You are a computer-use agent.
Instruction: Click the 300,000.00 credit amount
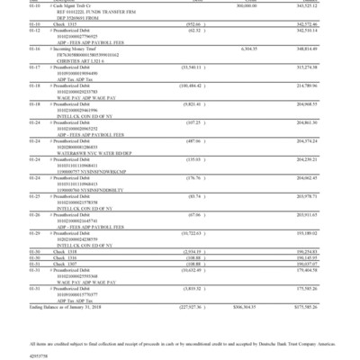pos(269,4)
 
